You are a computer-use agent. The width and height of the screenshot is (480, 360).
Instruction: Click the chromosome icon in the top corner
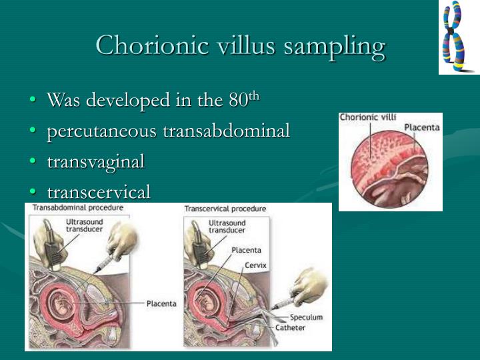pos(458,37)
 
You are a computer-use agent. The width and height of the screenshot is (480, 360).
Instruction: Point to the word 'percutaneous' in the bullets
pos(102,131)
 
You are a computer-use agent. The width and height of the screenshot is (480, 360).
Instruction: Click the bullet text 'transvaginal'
pos(95,161)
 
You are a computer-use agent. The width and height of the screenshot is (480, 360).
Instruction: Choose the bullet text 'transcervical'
pos(99,192)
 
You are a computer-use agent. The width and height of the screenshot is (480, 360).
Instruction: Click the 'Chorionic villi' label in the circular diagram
pos(368,117)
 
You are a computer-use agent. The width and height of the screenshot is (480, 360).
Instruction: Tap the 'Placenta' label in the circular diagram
pos(421,127)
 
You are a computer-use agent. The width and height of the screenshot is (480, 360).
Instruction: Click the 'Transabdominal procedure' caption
pos(78,207)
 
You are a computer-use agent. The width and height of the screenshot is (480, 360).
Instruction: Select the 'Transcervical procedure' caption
pos(225,209)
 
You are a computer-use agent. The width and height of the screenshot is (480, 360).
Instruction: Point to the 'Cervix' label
pos(256,265)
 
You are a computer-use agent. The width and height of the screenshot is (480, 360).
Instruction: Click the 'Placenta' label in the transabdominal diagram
pos(161,303)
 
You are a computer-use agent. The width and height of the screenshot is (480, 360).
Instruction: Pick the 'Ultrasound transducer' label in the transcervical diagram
pos(227,227)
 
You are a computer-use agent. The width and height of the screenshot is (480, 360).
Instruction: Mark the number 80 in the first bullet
pos(237,101)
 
